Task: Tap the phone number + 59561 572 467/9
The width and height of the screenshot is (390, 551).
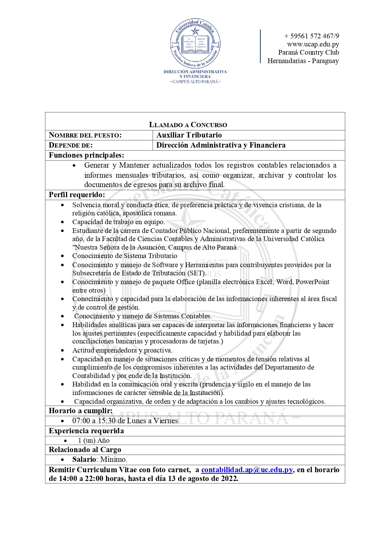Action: click(x=311, y=36)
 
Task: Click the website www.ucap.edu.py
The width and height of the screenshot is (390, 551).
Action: click(x=313, y=44)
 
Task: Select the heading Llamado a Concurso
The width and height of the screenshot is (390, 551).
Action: click(x=188, y=125)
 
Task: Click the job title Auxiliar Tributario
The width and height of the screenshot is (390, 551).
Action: click(x=189, y=135)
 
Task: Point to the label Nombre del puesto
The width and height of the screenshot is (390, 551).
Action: click(x=85, y=135)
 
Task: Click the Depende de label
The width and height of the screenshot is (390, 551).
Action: click(x=71, y=145)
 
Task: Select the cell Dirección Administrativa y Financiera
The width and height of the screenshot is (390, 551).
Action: click(x=221, y=145)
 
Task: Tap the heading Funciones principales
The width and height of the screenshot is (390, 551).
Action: click(x=86, y=155)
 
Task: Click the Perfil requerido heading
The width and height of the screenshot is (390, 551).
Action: click(x=77, y=195)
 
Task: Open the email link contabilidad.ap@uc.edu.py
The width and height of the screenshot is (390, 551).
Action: click(x=247, y=470)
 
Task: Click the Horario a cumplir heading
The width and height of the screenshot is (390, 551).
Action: click(x=81, y=411)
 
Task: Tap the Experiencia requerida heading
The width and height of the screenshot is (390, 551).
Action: click(x=86, y=431)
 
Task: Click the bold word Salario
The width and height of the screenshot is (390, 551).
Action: click(x=84, y=459)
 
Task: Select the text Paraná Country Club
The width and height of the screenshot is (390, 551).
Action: click(x=309, y=52)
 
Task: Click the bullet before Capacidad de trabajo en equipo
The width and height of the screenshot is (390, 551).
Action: click(x=63, y=222)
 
